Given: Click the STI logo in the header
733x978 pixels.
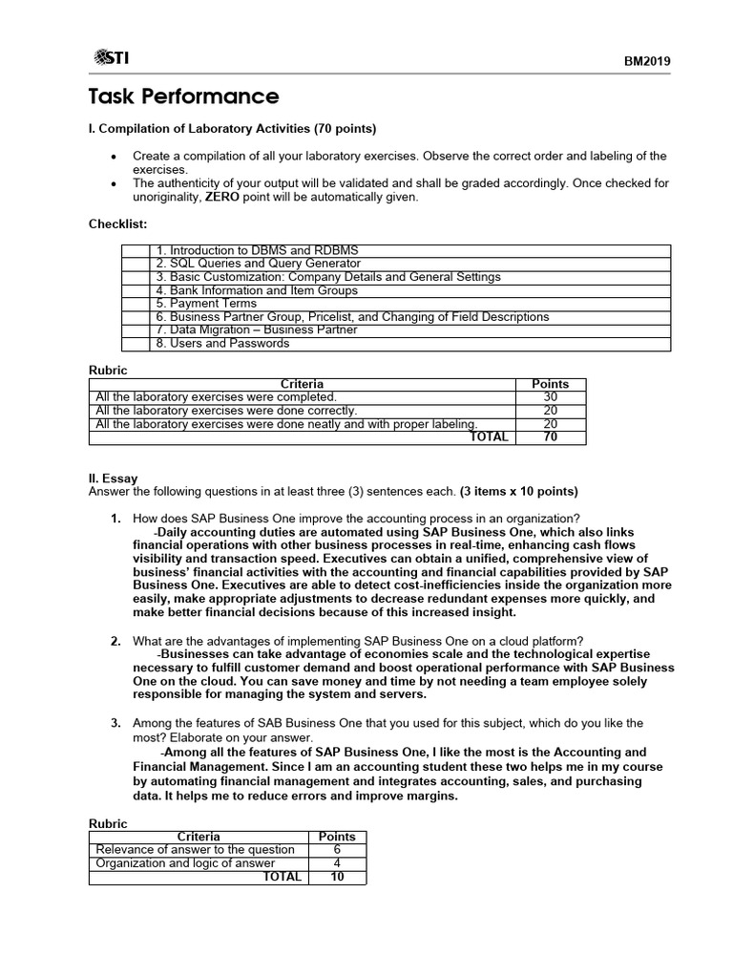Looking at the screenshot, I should (x=112, y=58).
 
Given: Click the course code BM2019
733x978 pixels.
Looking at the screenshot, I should (x=647, y=61).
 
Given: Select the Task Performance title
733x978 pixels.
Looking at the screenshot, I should (x=183, y=96).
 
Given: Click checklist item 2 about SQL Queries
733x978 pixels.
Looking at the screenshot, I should (x=258, y=264).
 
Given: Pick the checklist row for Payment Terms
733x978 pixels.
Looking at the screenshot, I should (x=206, y=304).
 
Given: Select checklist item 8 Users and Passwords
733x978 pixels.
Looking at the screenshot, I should (x=221, y=343).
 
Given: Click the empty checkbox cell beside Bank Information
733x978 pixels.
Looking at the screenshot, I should (x=136, y=290).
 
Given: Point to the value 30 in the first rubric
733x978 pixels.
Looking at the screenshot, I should (x=550, y=397).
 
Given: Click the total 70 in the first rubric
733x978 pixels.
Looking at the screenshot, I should (x=550, y=437).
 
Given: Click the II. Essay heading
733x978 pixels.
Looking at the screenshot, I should (x=113, y=479).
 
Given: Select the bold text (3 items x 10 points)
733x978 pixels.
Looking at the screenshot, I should (x=518, y=492).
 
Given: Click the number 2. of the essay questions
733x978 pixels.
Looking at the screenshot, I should (x=115, y=641).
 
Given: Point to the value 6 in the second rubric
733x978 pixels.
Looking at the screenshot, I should (x=337, y=850).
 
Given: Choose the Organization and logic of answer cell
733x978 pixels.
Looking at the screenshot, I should (x=185, y=863).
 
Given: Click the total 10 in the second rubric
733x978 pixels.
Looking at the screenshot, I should (x=337, y=877).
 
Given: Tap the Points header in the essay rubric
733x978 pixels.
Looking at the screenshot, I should (x=337, y=837).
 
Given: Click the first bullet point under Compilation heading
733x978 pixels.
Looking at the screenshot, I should (x=115, y=156).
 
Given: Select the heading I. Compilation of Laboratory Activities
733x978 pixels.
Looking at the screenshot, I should (x=232, y=129).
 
